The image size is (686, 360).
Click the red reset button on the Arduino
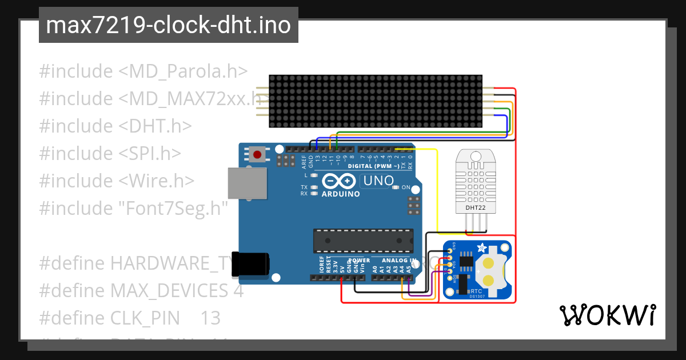coord(258,154)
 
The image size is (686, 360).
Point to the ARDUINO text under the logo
coord(341,194)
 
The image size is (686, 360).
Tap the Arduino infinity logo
coord(340,181)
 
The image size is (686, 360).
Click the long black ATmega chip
coord(363,240)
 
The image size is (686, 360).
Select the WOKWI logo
coord(608,315)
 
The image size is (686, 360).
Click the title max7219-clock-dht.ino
coord(168,26)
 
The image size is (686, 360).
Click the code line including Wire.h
coord(117,181)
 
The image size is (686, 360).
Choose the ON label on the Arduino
coord(406,187)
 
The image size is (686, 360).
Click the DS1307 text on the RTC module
coord(477,296)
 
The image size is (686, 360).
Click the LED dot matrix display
coord(376,101)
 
